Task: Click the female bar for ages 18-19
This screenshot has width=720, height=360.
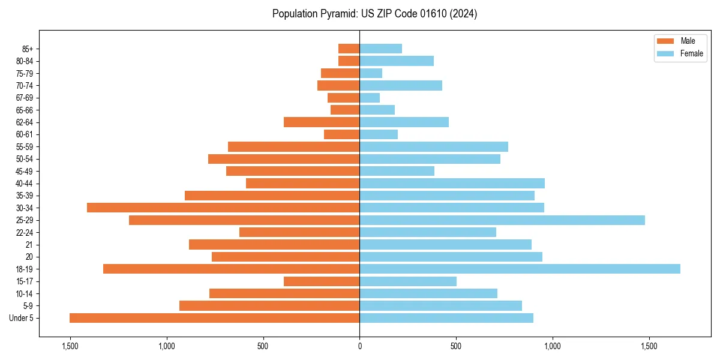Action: point(520,269)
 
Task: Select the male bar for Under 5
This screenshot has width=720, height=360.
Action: point(214,318)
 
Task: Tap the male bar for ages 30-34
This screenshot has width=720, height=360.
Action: point(223,208)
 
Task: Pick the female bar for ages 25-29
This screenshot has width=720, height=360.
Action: point(502,220)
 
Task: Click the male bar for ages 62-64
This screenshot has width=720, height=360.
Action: point(322,122)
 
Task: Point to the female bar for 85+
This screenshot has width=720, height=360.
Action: point(380,49)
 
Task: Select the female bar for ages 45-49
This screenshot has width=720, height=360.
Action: point(397,171)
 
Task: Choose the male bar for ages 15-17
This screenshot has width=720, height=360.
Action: point(322,281)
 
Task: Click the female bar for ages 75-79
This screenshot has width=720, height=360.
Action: point(371,73)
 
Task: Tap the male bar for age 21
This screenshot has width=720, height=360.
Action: point(274,245)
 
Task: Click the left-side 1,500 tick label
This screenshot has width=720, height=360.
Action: point(70,347)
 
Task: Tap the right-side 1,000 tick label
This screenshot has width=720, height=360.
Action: point(553,347)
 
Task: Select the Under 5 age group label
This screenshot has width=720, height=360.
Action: point(21,318)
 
